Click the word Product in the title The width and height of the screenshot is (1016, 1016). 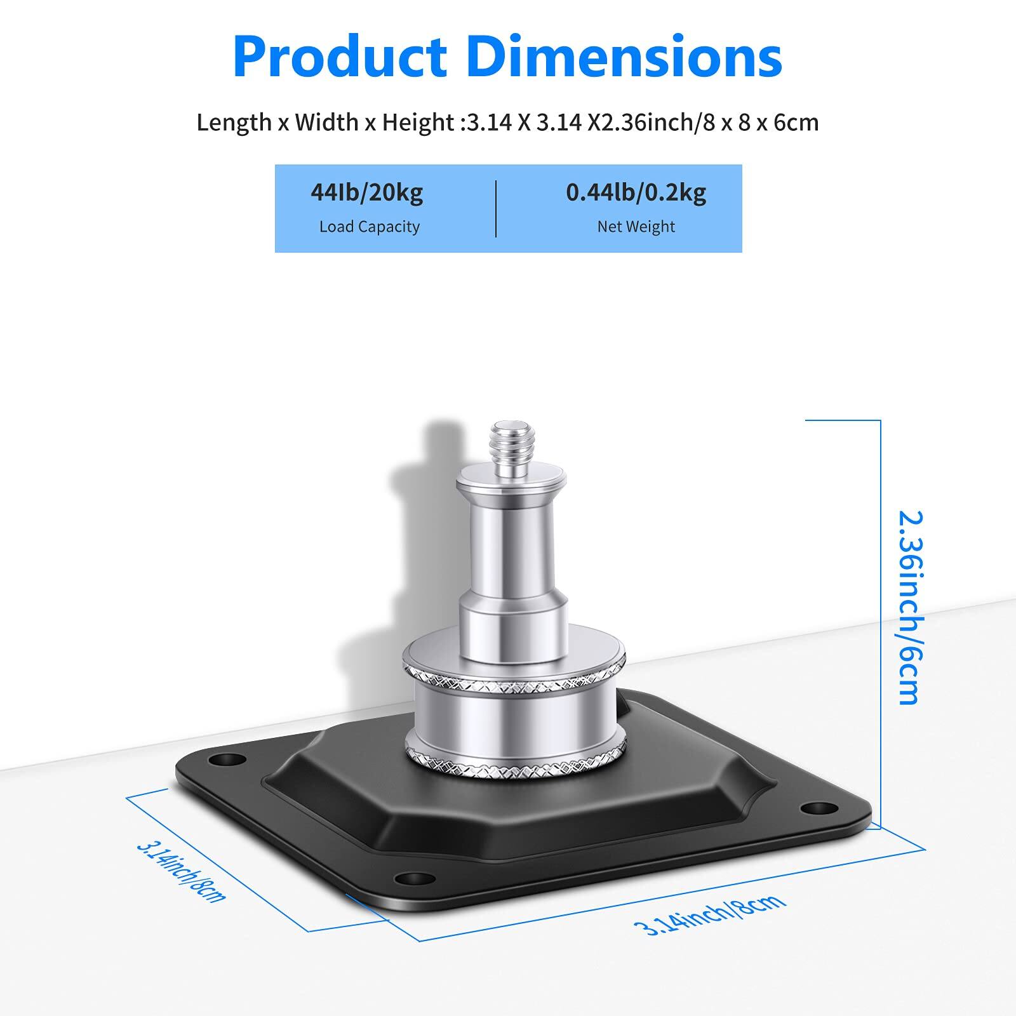click(x=340, y=57)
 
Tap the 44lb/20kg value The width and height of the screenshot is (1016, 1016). click(x=366, y=192)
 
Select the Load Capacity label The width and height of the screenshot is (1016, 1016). click(x=369, y=227)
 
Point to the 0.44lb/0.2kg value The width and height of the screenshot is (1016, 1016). click(x=636, y=192)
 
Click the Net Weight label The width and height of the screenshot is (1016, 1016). click(x=636, y=227)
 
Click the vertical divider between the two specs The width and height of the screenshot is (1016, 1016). click(x=496, y=209)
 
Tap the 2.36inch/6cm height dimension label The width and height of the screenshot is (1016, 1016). click(x=909, y=608)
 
